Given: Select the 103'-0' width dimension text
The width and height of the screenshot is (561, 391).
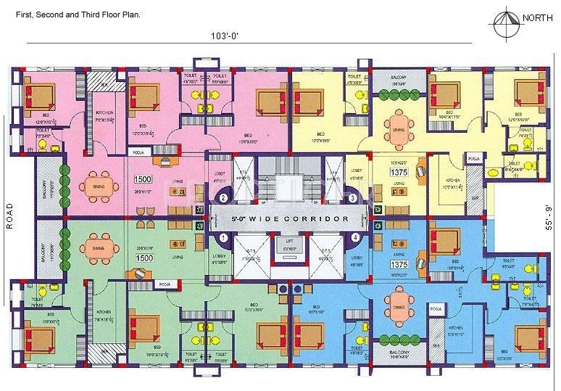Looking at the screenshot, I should point(225,36).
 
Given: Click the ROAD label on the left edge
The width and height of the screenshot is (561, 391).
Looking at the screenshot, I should point(9,215).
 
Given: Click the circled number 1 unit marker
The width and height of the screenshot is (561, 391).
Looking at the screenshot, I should point(223,237).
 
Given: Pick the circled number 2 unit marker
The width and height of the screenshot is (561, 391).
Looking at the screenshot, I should point(223,198).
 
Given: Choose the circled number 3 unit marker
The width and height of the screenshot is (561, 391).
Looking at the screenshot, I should point(353,198).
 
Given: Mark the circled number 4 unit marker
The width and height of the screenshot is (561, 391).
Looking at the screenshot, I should point(355,237).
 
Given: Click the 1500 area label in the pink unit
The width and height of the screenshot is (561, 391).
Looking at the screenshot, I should point(143,178).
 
